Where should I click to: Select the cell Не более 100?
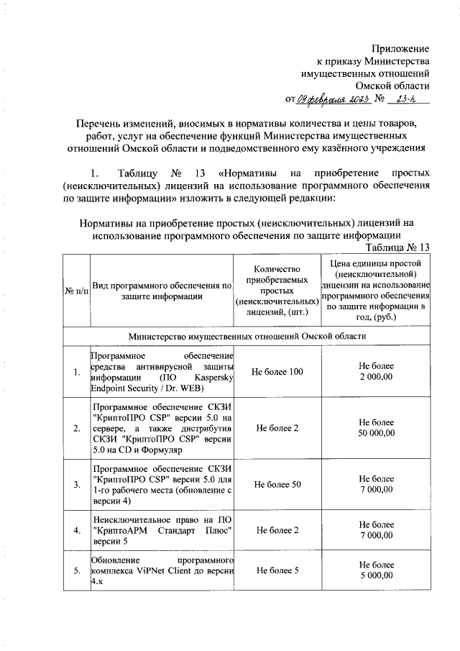[277, 372]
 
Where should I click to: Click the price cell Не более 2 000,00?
[376, 372]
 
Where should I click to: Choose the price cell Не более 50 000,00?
[376, 428]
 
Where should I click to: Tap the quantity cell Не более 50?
[277, 484]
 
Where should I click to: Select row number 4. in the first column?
[76, 531]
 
